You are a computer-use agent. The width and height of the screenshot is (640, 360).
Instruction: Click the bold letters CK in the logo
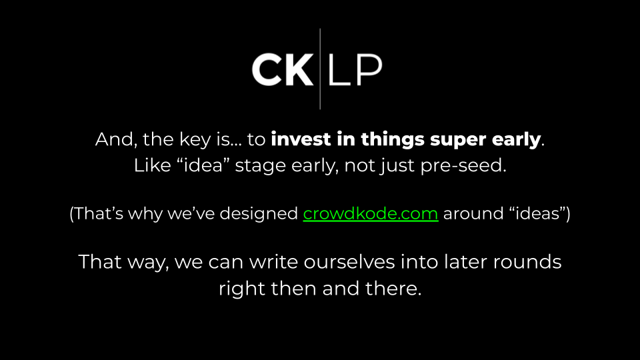pos(283,69)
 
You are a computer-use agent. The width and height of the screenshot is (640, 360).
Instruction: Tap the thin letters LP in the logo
pos(355,69)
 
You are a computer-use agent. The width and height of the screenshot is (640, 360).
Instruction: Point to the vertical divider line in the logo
pos(320,69)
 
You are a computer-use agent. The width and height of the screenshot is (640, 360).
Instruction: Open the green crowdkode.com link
pos(371,213)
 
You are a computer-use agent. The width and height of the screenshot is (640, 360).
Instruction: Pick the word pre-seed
pos(463,166)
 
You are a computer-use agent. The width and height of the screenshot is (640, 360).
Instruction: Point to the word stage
pos(261,167)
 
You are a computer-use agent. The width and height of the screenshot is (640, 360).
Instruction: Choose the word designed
pos(259,213)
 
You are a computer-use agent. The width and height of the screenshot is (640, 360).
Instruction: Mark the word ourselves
pos(349,262)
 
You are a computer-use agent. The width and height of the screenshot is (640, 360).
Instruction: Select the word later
pos(466,262)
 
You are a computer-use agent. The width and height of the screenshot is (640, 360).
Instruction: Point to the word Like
pos(152,165)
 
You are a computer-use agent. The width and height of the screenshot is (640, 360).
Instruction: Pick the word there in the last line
pos(393,289)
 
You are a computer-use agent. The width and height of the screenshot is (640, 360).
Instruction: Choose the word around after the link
pos(473,213)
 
